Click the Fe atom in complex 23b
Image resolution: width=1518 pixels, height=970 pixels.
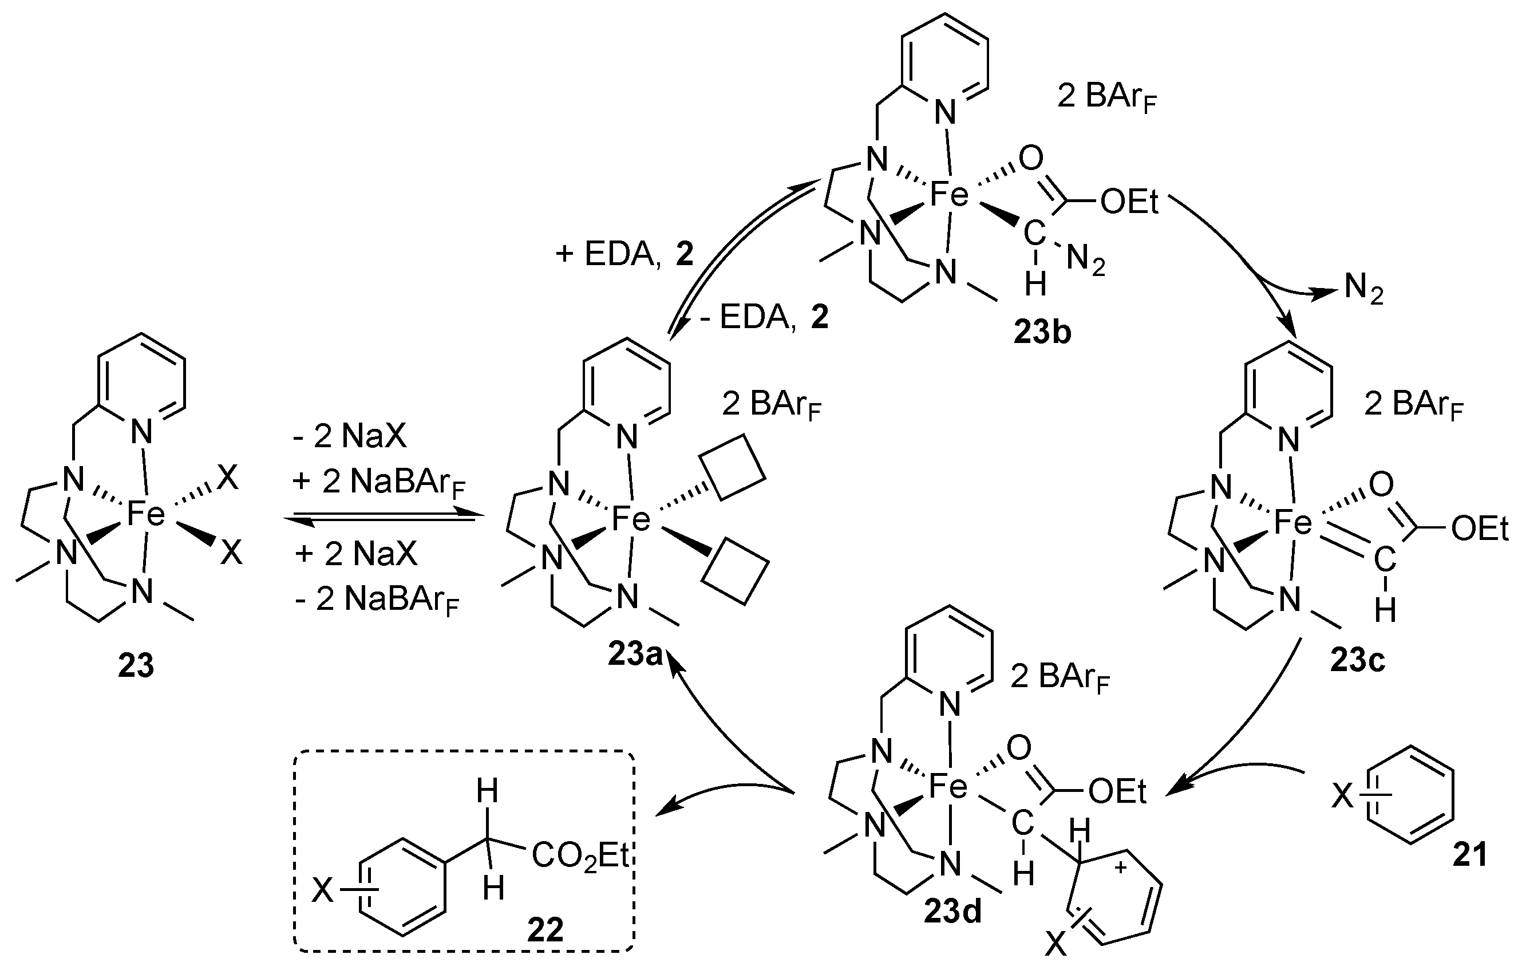pos(949,194)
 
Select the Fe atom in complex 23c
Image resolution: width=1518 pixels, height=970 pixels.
pos(1292,523)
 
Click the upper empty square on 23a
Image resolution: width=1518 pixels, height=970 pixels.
pos(733,467)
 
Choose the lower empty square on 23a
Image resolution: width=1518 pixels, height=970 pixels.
pos(735,571)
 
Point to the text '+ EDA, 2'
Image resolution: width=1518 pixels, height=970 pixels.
pos(624,254)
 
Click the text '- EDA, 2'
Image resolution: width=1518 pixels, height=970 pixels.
pos(763,317)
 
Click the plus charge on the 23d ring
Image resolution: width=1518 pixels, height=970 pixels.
pos(1121,869)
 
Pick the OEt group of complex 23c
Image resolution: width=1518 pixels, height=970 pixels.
pos(1480,529)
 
